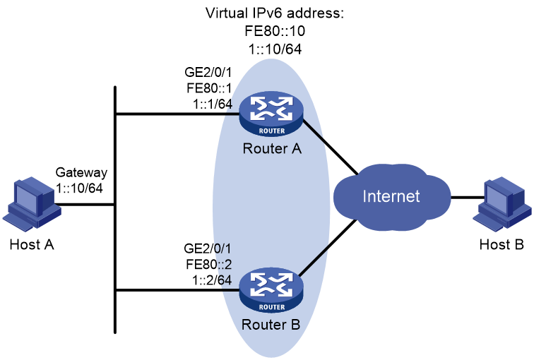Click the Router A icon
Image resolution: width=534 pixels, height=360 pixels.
tap(271, 114)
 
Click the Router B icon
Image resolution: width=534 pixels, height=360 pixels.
tap(271, 291)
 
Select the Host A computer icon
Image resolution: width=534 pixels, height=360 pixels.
tap(32, 204)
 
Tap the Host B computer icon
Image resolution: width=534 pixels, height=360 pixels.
tap(502, 204)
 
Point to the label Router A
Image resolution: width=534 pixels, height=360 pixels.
tap(272, 149)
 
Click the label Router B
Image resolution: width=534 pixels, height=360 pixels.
tap(271, 325)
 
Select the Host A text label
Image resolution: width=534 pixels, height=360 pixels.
tap(32, 244)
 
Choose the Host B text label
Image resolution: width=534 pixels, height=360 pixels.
tap(502, 244)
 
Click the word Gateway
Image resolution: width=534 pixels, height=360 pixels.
tap(81, 172)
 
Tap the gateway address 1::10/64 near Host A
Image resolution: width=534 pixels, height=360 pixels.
tap(79, 188)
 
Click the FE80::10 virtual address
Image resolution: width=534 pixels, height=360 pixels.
tap(275, 31)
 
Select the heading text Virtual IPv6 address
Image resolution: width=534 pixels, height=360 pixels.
tap(275, 13)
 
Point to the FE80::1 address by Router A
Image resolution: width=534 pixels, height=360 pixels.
tap(209, 88)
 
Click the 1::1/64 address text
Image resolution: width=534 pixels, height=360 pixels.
tap(213, 104)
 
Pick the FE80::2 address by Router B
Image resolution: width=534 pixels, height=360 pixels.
tap(209, 265)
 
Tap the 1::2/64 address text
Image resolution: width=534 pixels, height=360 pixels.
tap(212, 280)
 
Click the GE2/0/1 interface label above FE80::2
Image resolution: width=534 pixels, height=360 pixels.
tap(208, 248)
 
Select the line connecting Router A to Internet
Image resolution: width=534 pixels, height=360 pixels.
tap(330, 148)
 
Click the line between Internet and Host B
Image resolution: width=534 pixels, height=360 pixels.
tap(468, 197)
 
